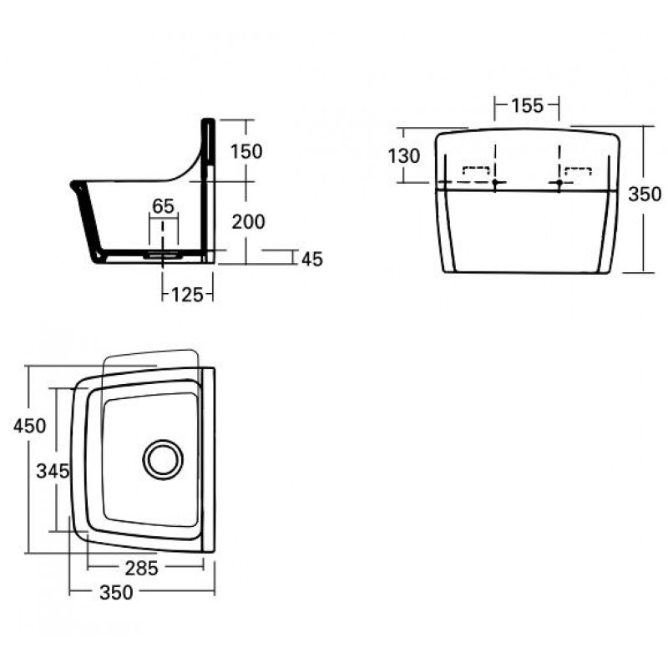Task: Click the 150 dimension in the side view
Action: tap(247, 151)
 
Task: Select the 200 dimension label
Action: tap(250, 221)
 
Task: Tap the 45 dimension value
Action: tap(311, 259)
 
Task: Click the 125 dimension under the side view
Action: tap(187, 293)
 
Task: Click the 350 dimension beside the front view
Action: tap(645, 195)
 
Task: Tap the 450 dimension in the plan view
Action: tap(29, 426)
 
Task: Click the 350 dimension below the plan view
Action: tap(116, 593)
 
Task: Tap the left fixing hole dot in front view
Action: tap(496, 182)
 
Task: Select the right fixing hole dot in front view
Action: tap(559, 182)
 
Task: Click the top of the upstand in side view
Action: tap(209, 122)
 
